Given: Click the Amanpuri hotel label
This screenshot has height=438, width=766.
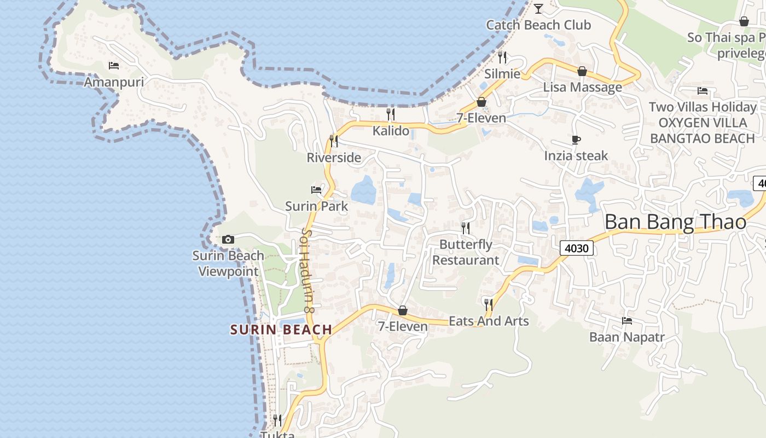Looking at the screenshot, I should [114, 82].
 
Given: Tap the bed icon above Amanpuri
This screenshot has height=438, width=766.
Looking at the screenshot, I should [114, 66].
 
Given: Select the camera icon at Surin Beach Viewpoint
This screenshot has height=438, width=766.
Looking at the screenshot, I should [228, 239].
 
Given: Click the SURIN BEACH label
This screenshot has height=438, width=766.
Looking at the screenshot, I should [281, 330].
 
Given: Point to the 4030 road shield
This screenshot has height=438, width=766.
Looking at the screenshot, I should [577, 249].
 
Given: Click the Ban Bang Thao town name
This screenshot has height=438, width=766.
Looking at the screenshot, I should [675, 222].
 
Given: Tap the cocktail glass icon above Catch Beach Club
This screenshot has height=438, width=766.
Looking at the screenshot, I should [538, 9].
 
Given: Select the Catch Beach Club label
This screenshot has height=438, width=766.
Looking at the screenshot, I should [538, 25].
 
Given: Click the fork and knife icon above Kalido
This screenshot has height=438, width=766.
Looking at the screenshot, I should [391, 114].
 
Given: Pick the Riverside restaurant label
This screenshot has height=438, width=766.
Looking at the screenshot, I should [334, 158].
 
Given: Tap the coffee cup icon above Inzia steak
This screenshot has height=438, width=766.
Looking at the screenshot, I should [576, 140].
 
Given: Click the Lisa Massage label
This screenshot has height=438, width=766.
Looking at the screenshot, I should [582, 88].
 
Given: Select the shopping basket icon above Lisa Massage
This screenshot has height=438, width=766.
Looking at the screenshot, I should [582, 71].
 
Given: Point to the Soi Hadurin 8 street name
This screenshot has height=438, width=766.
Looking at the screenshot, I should [307, 270].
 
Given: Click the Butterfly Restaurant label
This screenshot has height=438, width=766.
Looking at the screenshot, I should [466, 252].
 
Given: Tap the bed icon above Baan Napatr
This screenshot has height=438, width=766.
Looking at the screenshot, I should [627, 320].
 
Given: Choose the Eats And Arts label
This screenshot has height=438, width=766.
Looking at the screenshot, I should [489, 321].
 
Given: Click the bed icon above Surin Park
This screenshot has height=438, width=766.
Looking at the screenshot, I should [316, 190].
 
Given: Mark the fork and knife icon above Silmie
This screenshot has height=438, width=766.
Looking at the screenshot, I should [502, 57].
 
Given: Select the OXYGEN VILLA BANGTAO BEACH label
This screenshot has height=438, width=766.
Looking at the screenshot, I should [703, 130].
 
